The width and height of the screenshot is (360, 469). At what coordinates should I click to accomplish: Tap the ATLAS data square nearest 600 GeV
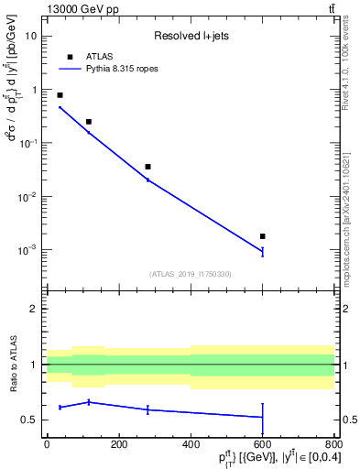click(263, 236)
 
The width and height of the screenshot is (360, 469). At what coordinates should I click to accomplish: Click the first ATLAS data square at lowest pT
click(60, 95)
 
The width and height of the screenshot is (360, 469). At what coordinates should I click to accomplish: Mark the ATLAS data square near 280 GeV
click(147, 167)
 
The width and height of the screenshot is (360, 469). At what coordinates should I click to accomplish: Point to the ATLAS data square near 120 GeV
click(89, 122)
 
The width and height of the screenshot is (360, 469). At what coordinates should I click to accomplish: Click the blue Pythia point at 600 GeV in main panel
click(263, 251)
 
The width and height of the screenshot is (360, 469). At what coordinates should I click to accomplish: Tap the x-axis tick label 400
click(191, 444)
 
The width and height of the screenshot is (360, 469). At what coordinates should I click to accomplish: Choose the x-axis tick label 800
click(334, 444)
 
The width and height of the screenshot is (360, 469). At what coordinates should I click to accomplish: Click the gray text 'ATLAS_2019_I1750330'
click(191, 274)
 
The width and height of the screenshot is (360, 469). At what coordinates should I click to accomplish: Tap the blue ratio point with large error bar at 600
click(263, 417)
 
